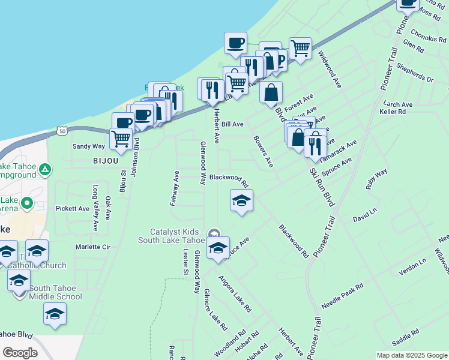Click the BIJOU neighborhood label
[x=106, y=161]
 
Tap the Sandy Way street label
[x=89, y=146]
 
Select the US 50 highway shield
[x=62, y=130]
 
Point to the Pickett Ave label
[x=73, y=209]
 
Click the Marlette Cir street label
[x=93, y=247]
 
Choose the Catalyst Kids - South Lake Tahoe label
[x=179, y=236]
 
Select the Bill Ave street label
[x=232, y=124]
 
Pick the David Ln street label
[x=364, y=215]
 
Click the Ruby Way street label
[x=377, y=179]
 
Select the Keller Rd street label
[x=393, y=112]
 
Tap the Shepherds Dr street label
[x=415, y=73]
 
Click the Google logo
[x=20, y=353]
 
